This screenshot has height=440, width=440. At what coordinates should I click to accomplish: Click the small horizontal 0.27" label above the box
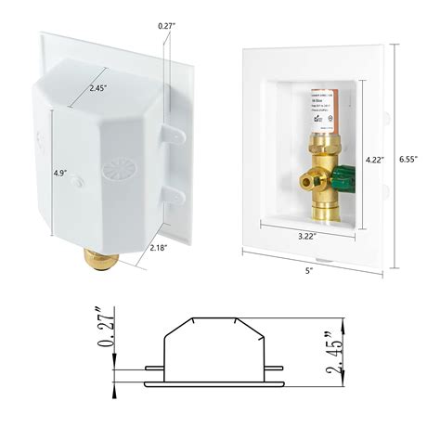point(167,13)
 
